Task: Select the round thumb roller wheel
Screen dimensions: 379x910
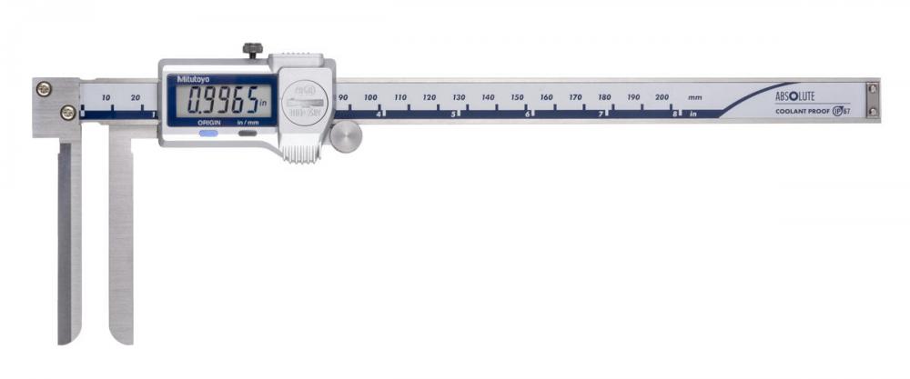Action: click(347, 135)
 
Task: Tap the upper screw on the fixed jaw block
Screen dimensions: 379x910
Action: click(44, 88)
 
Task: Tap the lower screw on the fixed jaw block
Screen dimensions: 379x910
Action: click(67, 112)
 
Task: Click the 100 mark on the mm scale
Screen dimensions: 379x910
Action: click(370, 97)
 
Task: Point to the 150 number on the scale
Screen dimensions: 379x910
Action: click(517, 97)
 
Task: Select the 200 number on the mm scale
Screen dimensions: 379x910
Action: click(662, 97)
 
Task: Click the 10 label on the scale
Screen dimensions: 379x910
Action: click(106, 97)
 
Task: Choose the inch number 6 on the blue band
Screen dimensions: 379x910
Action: click(528, 115)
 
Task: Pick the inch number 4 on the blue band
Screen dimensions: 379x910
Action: click(379, 115)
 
